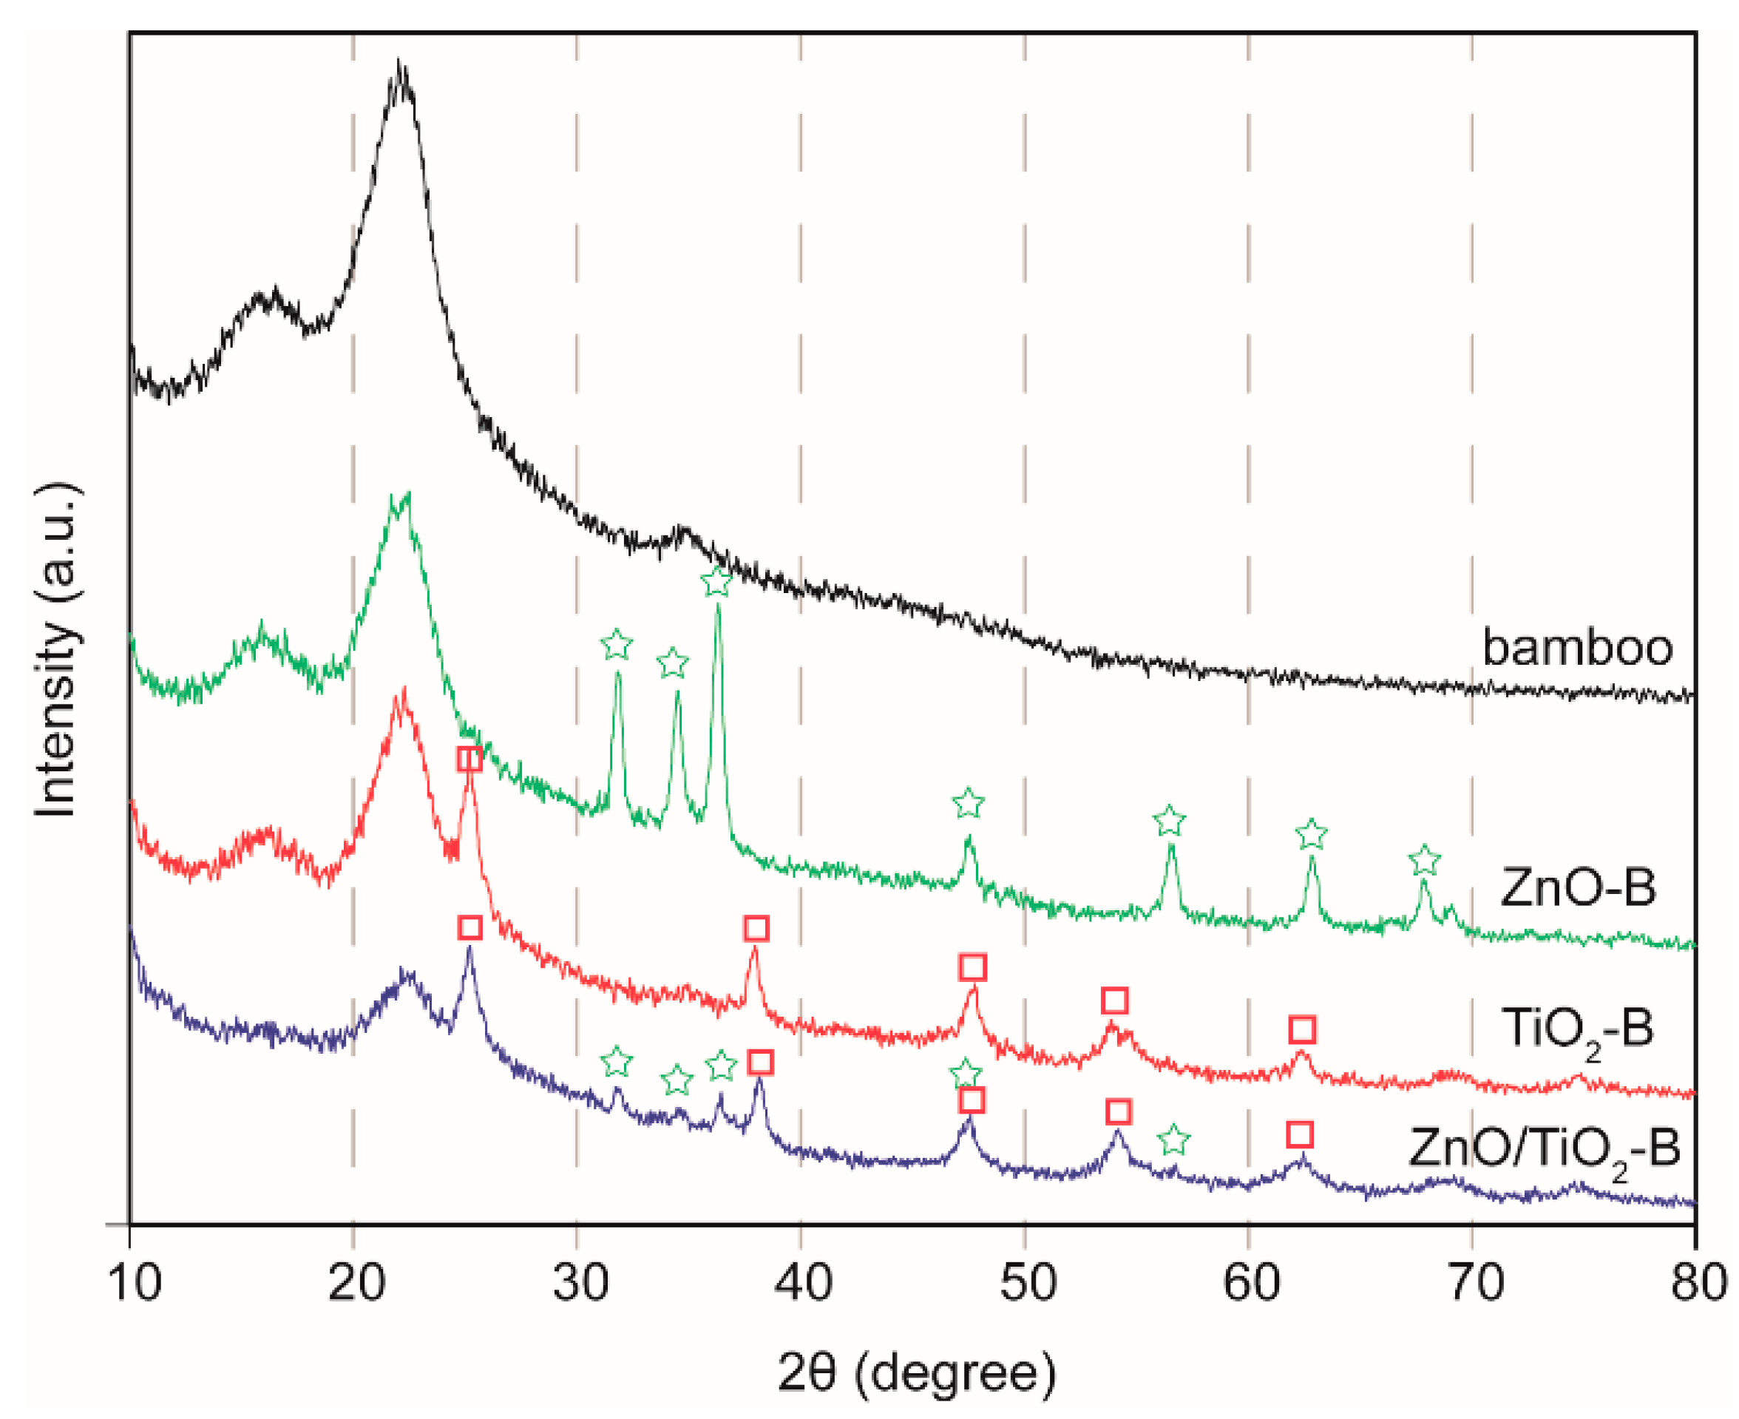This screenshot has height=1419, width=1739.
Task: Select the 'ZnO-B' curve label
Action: [x=1577, y=887]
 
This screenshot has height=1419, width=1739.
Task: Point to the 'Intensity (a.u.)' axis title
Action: [x=57, y=650]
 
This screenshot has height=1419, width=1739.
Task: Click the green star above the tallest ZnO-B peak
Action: [x=716, y=583]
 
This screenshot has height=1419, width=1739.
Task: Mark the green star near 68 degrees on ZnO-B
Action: [x=1424, y=861]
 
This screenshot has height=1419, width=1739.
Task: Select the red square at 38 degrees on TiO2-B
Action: [x=756, y=928]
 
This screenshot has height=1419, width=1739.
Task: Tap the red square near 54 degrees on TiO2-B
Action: [x=1115, y=1000]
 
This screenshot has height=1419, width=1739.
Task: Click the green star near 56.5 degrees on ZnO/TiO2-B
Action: [x=1173, y=1139]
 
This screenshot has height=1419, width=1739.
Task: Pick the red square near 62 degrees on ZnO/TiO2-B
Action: [x=1299, y=1134]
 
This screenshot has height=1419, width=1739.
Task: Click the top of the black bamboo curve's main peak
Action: [x=399, y=64]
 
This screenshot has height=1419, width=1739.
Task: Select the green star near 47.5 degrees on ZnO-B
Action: [x=969, y=804]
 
